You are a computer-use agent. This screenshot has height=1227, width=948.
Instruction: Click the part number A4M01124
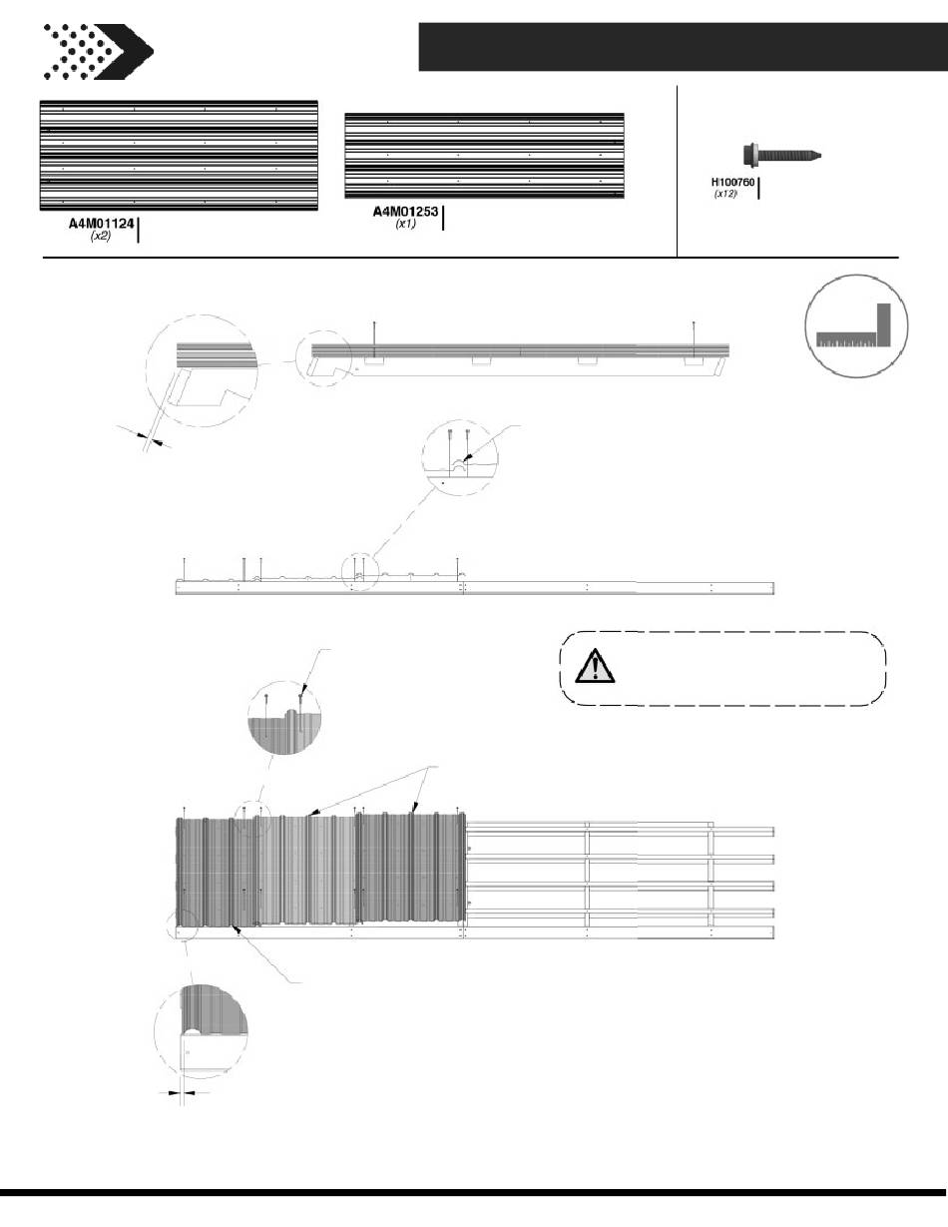pyautogui.click(x=102, y=224)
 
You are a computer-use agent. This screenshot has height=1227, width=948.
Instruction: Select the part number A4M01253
pyautogui.click(x=405, y=212)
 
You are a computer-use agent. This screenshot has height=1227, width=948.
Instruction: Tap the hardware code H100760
pyautogui.click(x=732, y=183)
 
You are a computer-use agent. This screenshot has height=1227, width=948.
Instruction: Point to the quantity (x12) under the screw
pyautogui.click(x=725, y=194)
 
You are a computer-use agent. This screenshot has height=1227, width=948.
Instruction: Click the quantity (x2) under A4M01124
pyautogui.click(x=101, y=236)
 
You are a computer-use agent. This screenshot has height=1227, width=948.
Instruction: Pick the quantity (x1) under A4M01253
pyautogui.click(x=405, y=224)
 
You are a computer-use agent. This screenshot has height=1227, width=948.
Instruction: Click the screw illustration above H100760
pyautogui.click(x=781, y=155)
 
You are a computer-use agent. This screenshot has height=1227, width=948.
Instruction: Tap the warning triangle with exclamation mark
pyautogui.click(x=595, y=667)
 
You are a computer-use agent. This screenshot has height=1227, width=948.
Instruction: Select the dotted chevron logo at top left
pyautogui.click(x=98, y=51)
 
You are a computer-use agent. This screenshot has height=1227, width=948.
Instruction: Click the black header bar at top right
pyautogui.click(x=683, y=47)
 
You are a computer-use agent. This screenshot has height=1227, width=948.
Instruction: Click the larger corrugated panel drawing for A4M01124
pyautogui.click(x=179, y=156)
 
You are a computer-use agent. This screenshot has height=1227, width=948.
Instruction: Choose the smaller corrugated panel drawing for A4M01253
pyautogui.click(x=485, y=156)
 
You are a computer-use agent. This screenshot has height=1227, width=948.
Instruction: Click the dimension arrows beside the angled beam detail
pyautogui.click(x=145, y=437)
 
